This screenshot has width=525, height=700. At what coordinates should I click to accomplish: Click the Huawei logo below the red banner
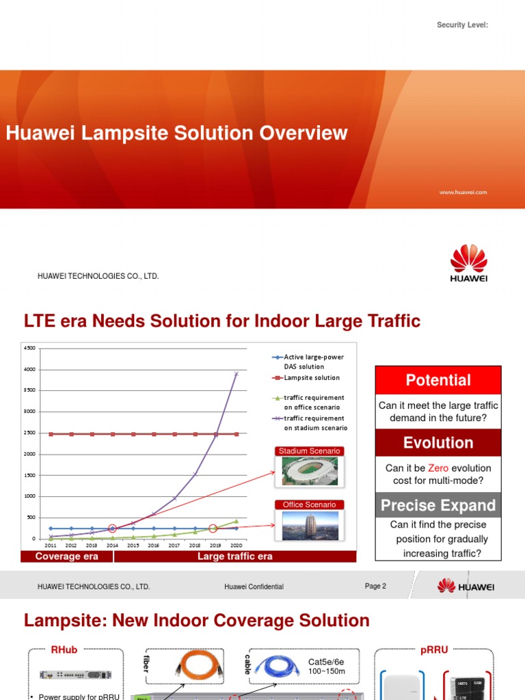(469, 264)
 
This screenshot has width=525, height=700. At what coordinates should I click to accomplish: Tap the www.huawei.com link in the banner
(463, 193)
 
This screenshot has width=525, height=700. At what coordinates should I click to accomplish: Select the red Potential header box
(438, 380)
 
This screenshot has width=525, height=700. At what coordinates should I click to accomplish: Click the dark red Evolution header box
(438, 442)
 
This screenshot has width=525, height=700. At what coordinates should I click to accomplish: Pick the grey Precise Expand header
(438, 505)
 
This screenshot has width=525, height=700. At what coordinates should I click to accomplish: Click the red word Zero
(437, 468)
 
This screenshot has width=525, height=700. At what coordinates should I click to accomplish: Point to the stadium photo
(306, 471)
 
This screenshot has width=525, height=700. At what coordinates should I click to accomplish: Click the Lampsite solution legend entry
(312, 377)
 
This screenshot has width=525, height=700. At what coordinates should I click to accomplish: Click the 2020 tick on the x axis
(236, 546)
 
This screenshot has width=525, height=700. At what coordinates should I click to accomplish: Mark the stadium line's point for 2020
(237, 374)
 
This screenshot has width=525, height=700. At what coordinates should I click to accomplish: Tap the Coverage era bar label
(67, 556)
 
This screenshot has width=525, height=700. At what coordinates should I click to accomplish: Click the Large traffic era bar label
(235, 556)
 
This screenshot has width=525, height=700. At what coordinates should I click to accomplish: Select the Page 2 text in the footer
(375, 586)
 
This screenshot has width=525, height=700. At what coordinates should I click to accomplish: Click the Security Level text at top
(463, 25)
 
